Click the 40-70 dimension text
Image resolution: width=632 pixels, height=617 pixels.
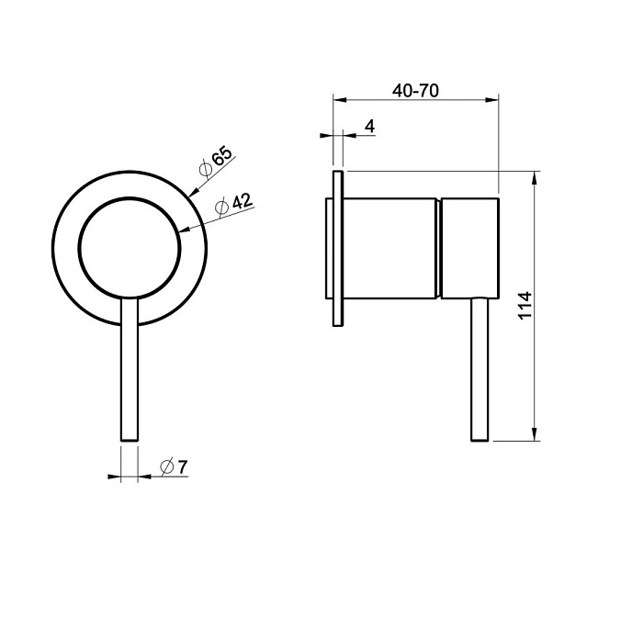point(415,91)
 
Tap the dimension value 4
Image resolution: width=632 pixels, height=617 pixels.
point(369,127)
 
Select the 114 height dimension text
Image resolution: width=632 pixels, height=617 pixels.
point(525,306)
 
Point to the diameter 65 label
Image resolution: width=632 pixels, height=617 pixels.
point(217,161)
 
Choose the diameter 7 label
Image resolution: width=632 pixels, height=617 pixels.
point(175,466)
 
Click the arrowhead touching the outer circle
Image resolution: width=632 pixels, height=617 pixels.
point(193,193)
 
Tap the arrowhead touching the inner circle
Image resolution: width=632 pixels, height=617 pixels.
point(185,230)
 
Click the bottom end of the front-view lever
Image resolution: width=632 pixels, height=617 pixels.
point(130,440)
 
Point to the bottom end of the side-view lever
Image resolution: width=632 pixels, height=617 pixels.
point(480,440)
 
